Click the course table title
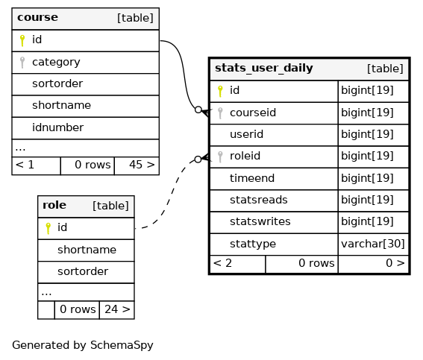37,17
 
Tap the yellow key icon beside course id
22,40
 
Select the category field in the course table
56,63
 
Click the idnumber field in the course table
57,127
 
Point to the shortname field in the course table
61,105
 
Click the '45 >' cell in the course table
137,165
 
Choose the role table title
54,205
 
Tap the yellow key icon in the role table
48,229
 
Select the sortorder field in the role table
83,271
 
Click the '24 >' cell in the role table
117,310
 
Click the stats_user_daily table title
264,68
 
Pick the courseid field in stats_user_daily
253,113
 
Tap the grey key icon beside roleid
220,157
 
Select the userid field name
246,134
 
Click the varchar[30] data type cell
373,244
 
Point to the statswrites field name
260,221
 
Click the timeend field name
252,178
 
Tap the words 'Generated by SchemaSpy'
83,345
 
